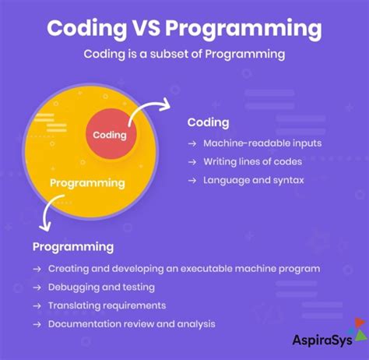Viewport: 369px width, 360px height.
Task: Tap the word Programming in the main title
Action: click(x=244, y=30)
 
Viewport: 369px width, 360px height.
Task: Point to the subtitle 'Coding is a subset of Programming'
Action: click(x=184, y=55)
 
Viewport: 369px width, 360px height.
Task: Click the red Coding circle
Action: click(x=109, y=135)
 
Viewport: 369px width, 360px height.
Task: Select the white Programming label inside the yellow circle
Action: click(x=87, y=183)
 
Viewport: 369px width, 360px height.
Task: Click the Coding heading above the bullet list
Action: click(x=208, y=122)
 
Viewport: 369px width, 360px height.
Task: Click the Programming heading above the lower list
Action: click(x=73, y=246)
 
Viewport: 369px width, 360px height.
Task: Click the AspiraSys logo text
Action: click(x=322, y=338)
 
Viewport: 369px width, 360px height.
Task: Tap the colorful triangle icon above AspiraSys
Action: click(x=358, y=325)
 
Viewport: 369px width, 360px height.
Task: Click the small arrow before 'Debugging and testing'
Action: click(x=37, y=287)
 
